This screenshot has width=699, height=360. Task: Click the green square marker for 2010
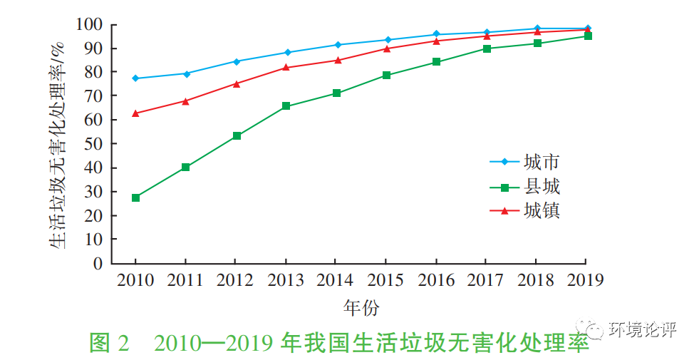tap(135, 197)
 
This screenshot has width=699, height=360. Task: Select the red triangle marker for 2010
tap(135, 113)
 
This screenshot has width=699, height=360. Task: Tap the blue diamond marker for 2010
tap(135, 78)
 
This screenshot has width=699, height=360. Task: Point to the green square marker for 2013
tap(286, 106)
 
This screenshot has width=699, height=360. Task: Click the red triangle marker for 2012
tap(236, 83)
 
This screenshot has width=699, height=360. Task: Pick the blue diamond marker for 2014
tap(336, 45)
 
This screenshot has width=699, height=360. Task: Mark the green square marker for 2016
tap(436, 62)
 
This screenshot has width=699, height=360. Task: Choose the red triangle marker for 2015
tap(386, 48)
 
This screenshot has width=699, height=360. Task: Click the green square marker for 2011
tap(185, 167)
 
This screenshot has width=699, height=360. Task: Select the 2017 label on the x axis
tap(486, 280)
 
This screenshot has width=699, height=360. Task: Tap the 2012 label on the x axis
tap(236, 280)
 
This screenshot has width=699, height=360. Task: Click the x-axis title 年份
tap(361, 308)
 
